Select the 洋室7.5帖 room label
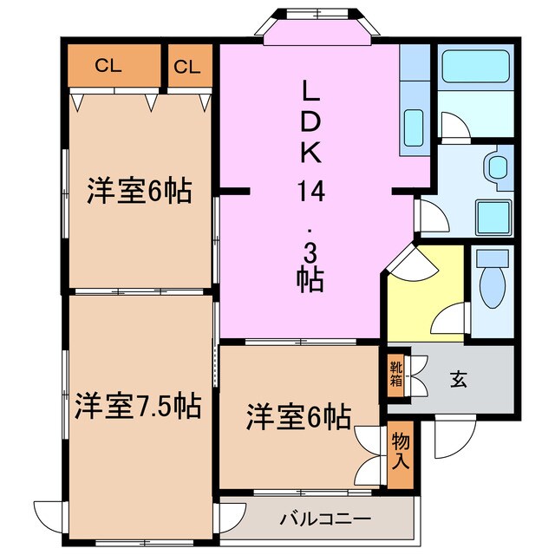click(x=137, y=404)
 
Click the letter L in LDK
click(x=311, y=90)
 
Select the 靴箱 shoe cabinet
click(x=395, y=373)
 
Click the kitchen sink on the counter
click(x=414, y=128)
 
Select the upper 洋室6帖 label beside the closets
click(x=139, y=192)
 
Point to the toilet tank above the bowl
click(x=492, y=258)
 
